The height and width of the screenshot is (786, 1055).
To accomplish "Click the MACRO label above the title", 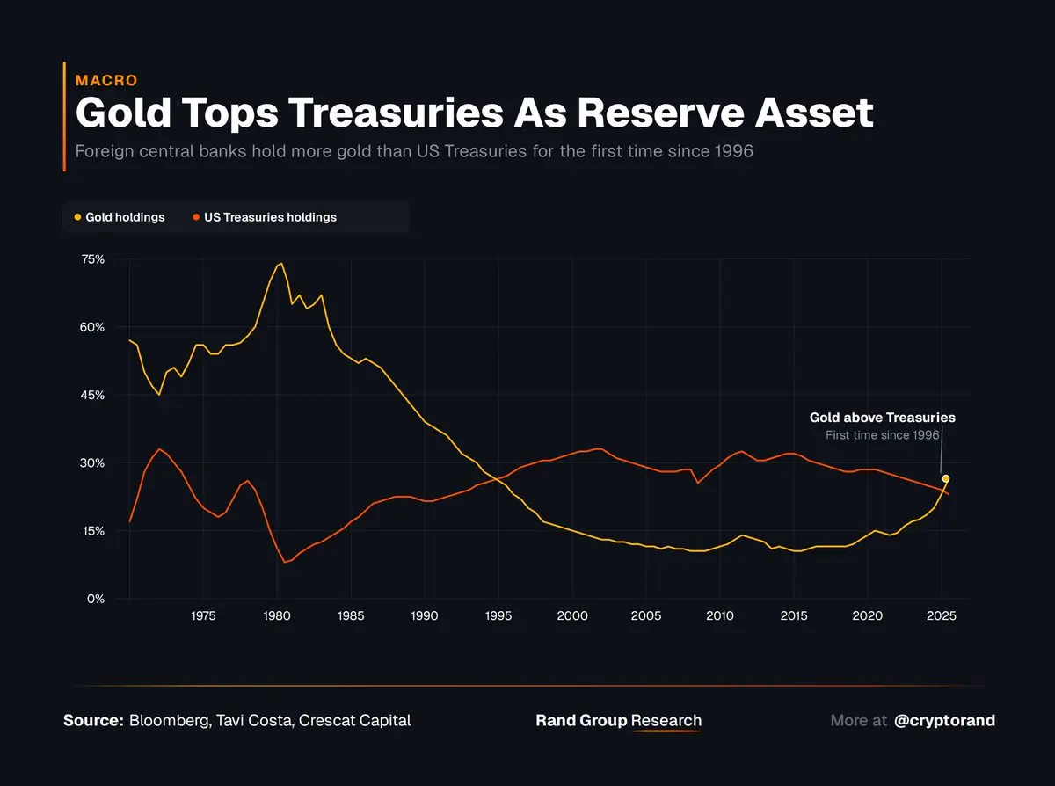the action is [106, 80].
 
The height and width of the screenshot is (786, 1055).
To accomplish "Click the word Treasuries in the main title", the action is [396, 113].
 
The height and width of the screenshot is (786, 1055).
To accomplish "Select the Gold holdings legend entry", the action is [120, 217].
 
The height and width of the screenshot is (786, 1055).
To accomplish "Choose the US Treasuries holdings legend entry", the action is [265, 217].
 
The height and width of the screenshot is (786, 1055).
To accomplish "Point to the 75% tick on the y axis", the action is [93, 259].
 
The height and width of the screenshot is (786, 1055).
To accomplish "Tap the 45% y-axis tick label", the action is [93, 395].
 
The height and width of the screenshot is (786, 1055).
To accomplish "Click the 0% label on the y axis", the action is [96, 599].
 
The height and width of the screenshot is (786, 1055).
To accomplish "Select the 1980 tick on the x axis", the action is [277, 615].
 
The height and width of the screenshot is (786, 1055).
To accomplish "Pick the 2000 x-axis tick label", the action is [572, 615].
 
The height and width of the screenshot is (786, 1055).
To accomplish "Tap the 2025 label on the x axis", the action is [942, 615].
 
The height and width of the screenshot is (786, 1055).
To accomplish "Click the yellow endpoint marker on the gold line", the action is [946, 478].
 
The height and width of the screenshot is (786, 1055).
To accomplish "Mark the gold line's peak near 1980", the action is [281, 263].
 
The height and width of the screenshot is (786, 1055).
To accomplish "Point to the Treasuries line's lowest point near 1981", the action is [285, 563].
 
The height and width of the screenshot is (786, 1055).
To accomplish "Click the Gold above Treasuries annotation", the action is [883, 418].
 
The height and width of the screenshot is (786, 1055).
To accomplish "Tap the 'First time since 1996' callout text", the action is [883, 435].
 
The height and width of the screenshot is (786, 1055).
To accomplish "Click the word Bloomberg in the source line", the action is [170, 720].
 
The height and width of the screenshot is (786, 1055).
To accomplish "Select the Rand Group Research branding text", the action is [618, 720].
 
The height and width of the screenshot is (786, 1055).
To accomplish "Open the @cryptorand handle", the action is [944, 720].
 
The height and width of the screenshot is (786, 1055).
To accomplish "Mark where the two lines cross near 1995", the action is [497, 479].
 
